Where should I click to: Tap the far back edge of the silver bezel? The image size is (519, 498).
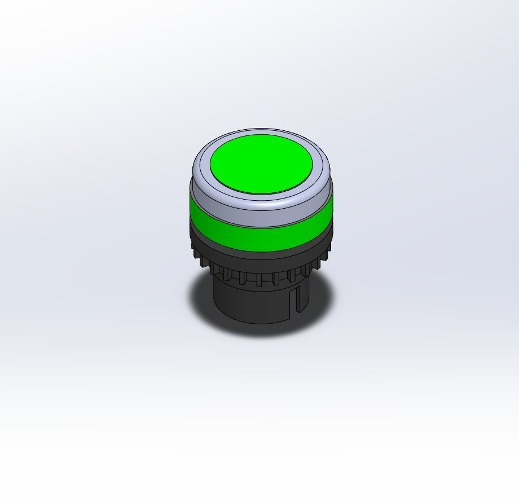[261, 131]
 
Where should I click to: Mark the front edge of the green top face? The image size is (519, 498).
[261, 193]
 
